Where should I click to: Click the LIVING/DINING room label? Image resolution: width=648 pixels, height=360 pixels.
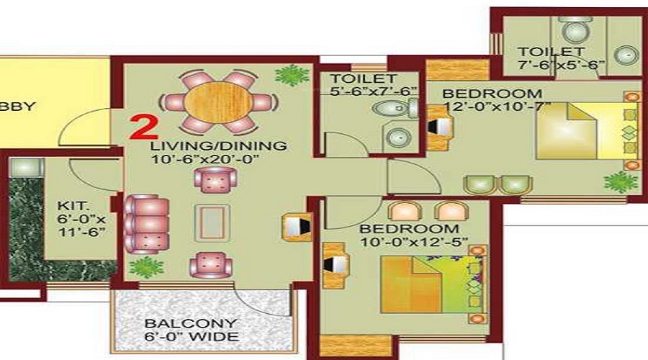219,146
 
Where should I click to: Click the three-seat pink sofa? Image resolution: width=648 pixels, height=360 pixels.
146,224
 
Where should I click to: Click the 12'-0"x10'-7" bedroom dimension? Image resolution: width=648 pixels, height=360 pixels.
498,107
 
